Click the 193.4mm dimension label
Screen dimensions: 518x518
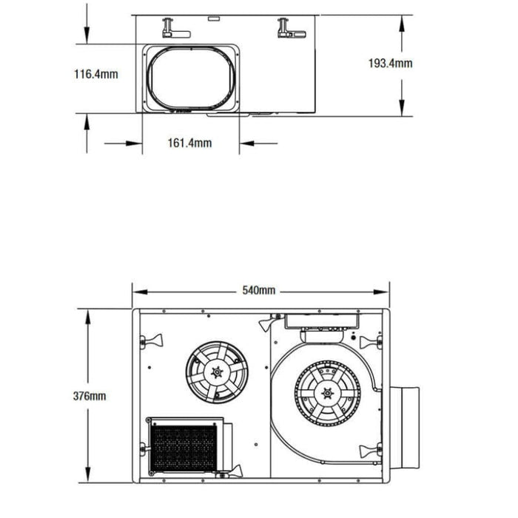390,63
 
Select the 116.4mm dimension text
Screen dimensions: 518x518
95,74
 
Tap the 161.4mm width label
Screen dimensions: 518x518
189,143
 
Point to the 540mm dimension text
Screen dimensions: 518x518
259,290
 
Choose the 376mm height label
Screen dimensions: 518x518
90,396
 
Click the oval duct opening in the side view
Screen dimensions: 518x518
191,78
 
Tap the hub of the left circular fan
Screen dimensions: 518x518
217,372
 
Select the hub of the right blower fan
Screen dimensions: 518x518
327,393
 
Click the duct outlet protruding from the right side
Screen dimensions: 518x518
405,428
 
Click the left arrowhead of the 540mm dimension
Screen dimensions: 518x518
140,292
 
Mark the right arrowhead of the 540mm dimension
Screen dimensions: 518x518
381,292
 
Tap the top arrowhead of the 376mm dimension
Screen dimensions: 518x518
87,317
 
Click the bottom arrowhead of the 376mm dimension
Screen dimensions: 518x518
87,474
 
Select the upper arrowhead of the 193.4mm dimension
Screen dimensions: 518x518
402,24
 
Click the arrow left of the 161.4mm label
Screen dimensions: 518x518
124,144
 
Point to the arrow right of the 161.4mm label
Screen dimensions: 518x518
258,144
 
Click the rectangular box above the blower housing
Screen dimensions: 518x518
322,320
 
